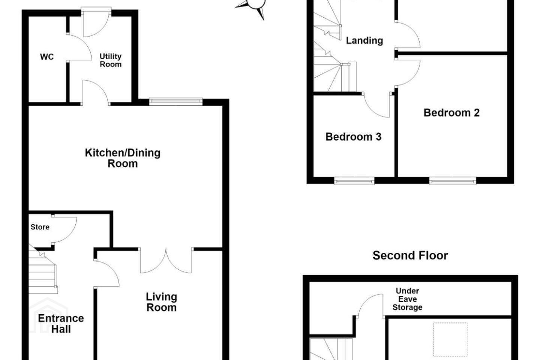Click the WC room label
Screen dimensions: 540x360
click(47, 57)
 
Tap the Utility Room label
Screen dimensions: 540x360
click(111, 60)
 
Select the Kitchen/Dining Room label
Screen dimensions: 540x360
click(123, 158)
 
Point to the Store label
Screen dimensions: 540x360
click(40, 227)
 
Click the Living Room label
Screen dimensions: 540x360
click(162, 302)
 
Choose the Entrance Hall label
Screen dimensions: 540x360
click(61, 324)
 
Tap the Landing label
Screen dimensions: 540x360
click(364, 40)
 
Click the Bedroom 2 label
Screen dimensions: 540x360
click(451, 113)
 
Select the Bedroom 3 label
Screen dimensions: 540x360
click(353, 137)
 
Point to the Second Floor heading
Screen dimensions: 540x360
click(410, 256)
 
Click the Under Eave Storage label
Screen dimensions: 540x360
click(407, 299)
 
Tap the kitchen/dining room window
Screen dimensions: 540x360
click(176, 102)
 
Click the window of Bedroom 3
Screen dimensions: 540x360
click(354, 181)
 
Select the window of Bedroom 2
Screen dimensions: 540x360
click(453, 181)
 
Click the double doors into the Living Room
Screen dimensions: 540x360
click(166, 260)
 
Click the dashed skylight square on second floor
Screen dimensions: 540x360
click(450, 339)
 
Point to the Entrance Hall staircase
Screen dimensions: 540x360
click(43, 270)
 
